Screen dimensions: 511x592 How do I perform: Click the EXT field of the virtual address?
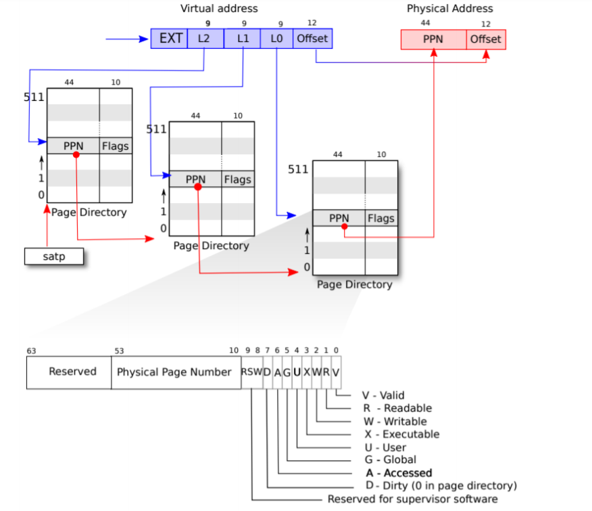[170, 39]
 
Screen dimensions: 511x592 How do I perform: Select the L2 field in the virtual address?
[204, 39]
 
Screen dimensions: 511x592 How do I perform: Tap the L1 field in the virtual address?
[243, 39]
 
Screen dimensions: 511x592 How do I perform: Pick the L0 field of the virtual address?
[276, 39]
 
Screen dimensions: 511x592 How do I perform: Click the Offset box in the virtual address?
[312, 39]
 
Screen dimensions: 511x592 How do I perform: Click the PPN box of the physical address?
[433, 39]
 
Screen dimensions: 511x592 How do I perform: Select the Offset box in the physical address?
[486, 39]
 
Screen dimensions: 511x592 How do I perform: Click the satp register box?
[53, 257]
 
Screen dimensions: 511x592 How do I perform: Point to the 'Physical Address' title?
[449, 9]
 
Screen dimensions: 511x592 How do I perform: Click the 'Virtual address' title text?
[219, 9]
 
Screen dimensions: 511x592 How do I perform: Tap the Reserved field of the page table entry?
[72, 372]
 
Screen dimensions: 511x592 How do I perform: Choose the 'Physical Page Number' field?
[174, 372]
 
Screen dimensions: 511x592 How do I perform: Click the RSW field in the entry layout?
[251, 372]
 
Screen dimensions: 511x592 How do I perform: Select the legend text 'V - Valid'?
[384, 395]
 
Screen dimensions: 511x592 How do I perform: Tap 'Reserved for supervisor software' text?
[412, 499]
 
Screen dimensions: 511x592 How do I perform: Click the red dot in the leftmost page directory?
[76, 155]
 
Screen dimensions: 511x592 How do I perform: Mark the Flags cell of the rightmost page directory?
[381, 219]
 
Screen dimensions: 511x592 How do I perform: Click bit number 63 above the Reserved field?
[31, 351]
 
